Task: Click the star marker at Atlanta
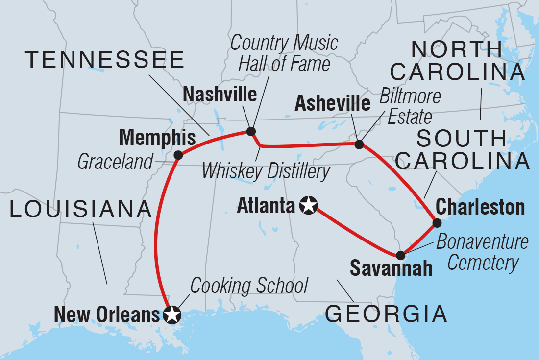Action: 309,205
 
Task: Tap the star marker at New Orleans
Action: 171,315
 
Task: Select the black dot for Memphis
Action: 178,155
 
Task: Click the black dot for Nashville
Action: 251,131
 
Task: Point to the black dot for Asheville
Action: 359,144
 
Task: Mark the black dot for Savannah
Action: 400,255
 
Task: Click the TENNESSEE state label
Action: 105,60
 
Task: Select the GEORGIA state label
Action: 387,313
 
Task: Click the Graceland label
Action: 115,162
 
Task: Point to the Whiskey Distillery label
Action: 266,171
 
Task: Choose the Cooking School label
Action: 249,285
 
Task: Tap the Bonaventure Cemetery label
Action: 483,253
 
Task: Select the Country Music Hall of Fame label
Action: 285,53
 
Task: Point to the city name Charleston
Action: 480,207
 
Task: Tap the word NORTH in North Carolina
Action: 457,49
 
